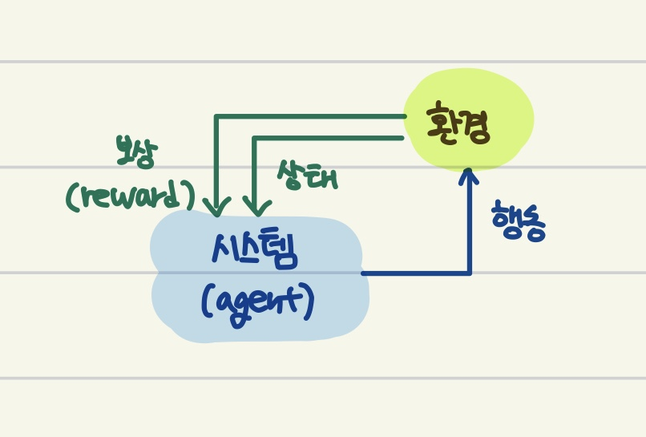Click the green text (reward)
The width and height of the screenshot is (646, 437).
pyautogui.click(x=132, y=195)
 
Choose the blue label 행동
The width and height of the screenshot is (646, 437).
pyautogui.click(x=519, y=217)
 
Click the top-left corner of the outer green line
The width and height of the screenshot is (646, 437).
pyautogui.click(x=216, y=117)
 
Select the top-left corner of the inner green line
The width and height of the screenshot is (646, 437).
pyautogui.click(x=255, y=138)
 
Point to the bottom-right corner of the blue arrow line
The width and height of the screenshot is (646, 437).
pyautogui.click(x=470, y=273)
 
